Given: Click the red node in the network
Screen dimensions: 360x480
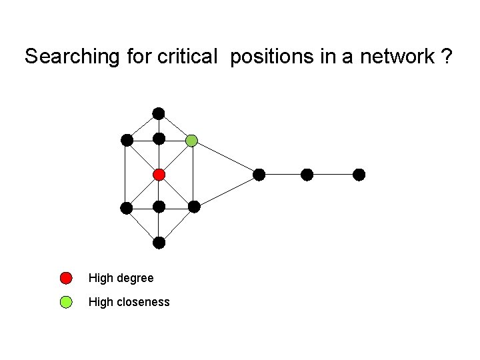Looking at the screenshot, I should (159, 175).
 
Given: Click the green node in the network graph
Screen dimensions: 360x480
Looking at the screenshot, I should (192, 140).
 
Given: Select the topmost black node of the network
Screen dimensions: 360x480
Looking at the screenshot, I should (158, 113).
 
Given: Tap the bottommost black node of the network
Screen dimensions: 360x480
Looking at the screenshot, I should (159, 243).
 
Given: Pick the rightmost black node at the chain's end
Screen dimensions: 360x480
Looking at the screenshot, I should (359, 175).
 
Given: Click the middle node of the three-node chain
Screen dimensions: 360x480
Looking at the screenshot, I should (307, 175).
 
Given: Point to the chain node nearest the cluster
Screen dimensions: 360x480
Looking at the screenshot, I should (259, 175).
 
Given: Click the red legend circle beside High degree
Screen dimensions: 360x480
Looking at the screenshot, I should (66, 278).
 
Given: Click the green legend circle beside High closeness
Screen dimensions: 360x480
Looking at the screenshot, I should (66, 302).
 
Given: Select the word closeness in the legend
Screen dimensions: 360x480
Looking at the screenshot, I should (143, 302).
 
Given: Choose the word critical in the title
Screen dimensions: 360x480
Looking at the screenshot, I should (187, 57).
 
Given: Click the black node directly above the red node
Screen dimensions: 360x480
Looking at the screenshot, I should (159, 139).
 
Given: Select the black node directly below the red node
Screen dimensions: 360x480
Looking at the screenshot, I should (159, 207).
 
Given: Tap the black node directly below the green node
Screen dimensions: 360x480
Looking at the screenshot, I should (194, 207).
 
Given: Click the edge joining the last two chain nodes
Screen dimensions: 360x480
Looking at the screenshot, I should (333, 175).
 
